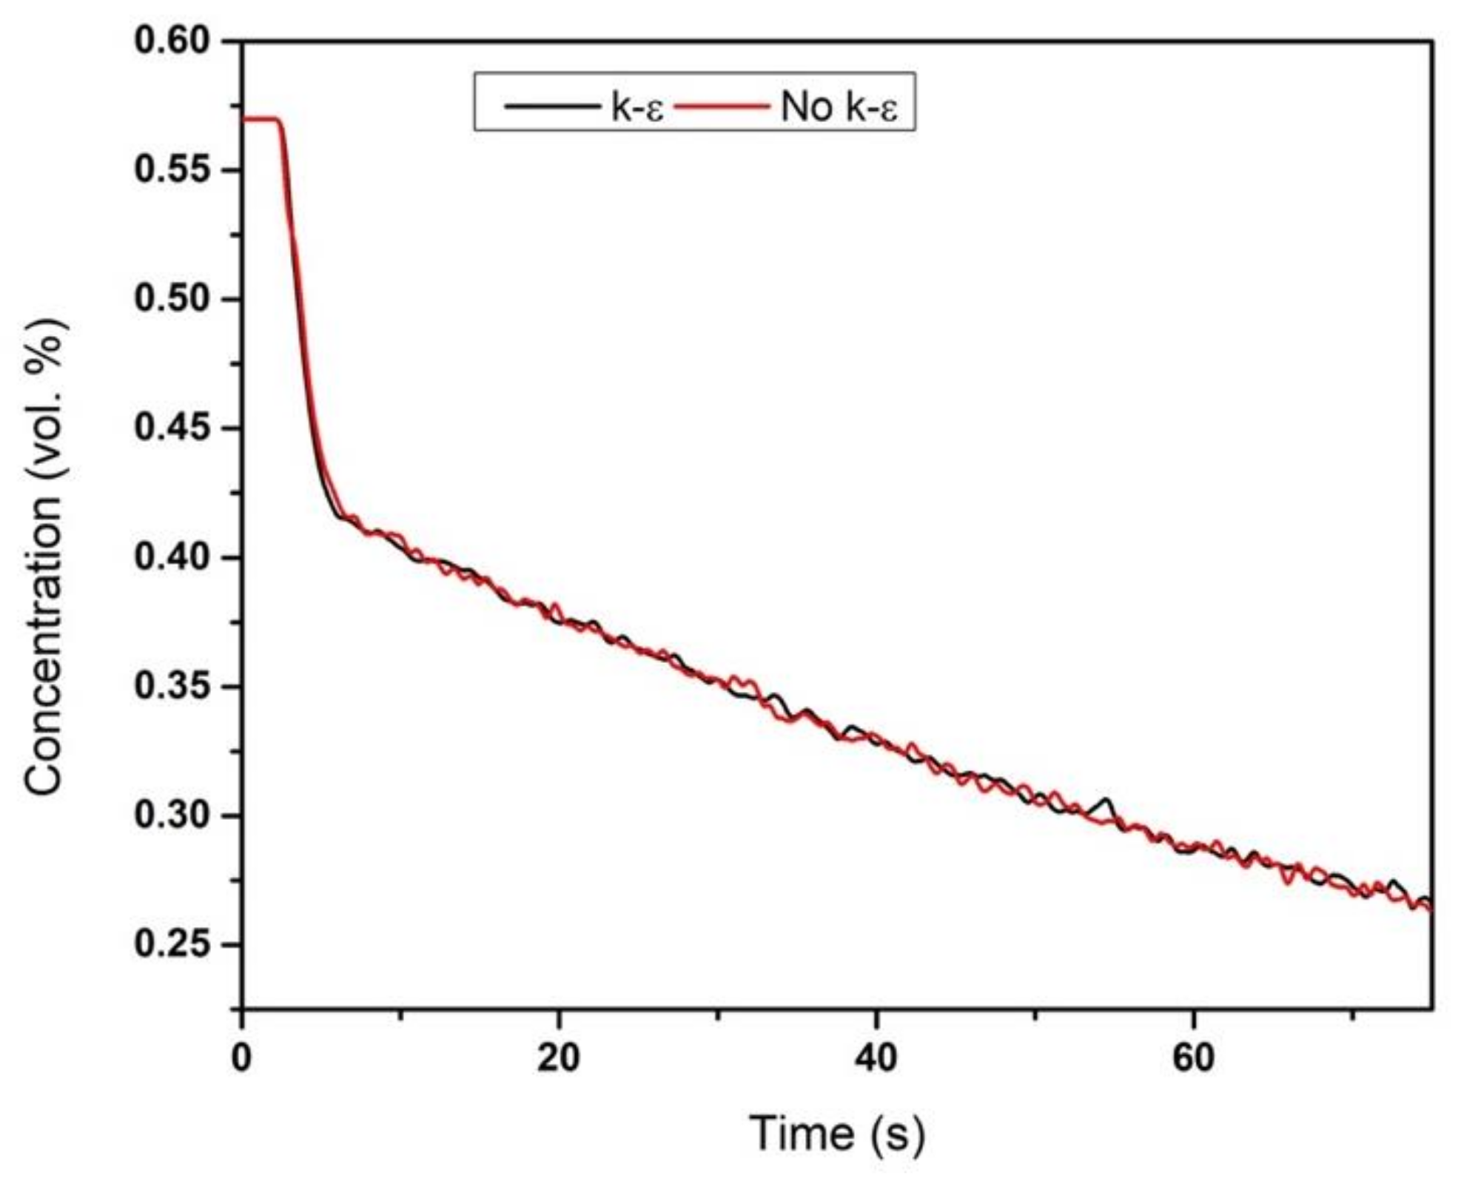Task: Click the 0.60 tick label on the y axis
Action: (172, 41)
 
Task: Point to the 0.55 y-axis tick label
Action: (172, 169)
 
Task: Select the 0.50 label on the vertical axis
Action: (172, 299)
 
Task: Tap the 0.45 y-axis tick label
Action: (172, 428)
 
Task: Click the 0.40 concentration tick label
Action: (172, 557)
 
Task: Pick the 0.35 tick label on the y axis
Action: (172, 686)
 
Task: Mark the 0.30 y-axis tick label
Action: (172, 815)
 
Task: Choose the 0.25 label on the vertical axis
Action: (172, 944)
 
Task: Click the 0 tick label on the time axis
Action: (241, 1059)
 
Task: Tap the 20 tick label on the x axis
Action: (559, 1059)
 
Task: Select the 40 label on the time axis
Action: (876, 1059)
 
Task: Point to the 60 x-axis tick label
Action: (1193, 1059)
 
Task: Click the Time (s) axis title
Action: (837, 1134)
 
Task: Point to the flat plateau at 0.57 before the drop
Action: (259, 118)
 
